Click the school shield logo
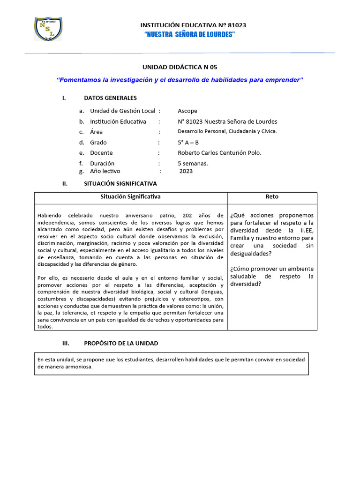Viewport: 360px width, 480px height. click(48, 29)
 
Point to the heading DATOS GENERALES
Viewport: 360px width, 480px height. click(110, 98)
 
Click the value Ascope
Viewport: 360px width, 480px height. click(187, 111)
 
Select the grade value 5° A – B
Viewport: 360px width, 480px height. click(188, 142)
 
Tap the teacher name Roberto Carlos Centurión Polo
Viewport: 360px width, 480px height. click(219, 153)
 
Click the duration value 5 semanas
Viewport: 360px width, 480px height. click(193, 164)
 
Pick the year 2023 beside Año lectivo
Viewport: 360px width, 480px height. click(186, 171)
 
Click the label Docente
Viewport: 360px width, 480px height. click(101, 153)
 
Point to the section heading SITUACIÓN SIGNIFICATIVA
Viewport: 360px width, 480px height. click(120, 184)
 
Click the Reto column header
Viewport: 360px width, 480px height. click(272, 197)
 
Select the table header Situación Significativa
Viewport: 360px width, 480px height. click(130, 197)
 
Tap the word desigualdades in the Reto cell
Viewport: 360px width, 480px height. click(251, 254)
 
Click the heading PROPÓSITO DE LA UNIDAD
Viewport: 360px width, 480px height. click(121, 343)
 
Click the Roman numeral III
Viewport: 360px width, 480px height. click(66, 343)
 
